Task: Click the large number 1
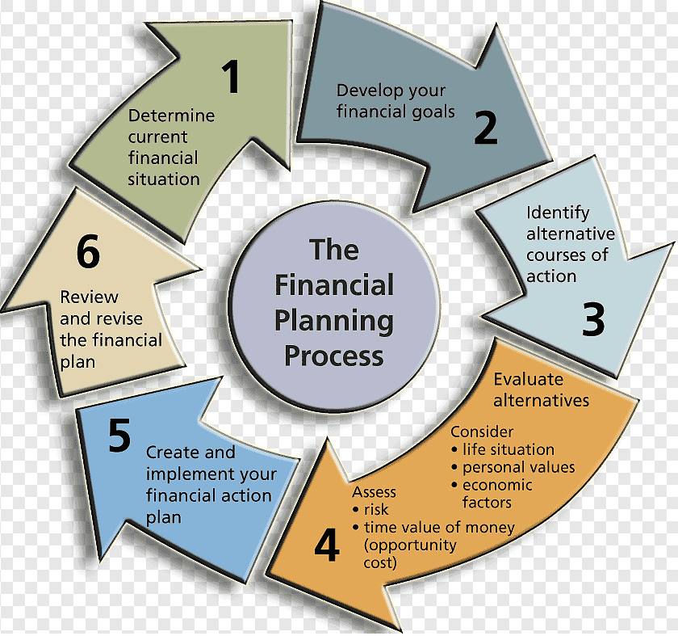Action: point(232,77)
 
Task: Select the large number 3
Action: point(593,319)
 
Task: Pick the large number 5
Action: point(119,435)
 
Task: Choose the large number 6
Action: point(88,251)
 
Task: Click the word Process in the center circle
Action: point(334,356)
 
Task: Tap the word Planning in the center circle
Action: point(334,322)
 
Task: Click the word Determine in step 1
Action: point(171,116)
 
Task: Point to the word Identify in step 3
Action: point(558,213)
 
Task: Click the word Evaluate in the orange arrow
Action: point(529,379)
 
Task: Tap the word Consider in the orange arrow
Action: point(482,432)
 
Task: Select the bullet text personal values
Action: point(518,468)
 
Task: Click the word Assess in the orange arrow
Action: point(374,492)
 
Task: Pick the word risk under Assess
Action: point(376,510)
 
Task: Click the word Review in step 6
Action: point(89,297)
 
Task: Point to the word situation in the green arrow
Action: point(163,179)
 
